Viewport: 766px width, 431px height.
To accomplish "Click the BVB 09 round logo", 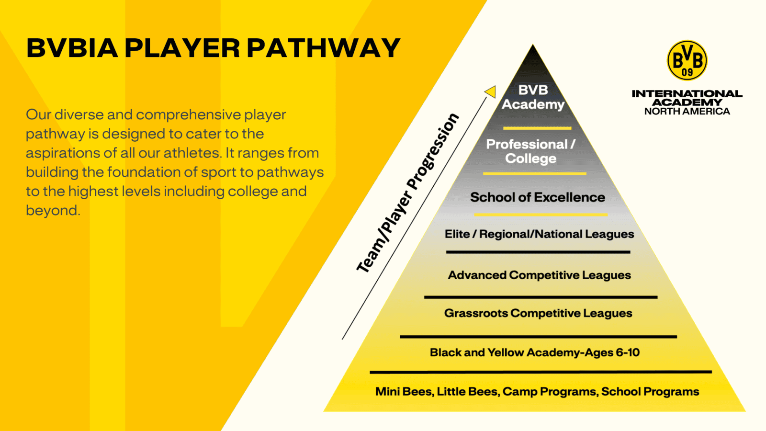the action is pos(687,60).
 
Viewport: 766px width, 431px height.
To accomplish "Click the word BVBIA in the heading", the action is pos(72,48).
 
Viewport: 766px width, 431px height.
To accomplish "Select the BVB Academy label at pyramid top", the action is pos(533,97).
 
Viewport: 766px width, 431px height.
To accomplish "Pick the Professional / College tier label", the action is pos(531,151).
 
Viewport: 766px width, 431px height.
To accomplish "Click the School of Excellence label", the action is pos(538,197).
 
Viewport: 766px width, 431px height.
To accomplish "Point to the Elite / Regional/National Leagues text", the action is pos(539,234).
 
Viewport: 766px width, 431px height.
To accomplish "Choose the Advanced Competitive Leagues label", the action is pos(539,275).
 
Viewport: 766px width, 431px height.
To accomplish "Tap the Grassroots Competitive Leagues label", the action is pos(538,313).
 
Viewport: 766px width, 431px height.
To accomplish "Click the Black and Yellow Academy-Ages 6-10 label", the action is pos(535,352).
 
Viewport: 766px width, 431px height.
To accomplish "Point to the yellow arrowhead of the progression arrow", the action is pos(491,91).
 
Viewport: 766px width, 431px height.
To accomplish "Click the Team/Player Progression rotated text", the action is pos(407,193).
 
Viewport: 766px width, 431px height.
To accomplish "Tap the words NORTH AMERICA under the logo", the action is pos(687,111).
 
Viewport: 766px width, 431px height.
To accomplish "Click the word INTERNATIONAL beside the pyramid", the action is pos(687,93).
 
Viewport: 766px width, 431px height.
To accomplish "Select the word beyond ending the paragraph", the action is pos(53,210).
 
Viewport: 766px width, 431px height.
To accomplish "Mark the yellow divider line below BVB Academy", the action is pos(537,128).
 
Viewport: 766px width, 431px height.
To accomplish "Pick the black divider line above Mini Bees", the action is pos(541,372).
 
